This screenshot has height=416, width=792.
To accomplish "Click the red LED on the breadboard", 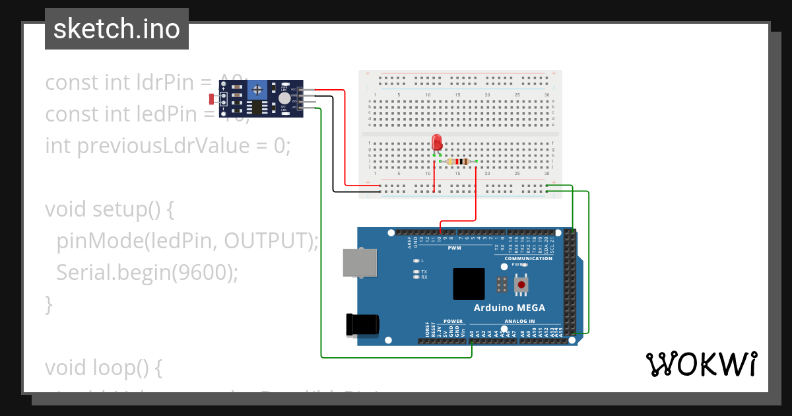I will (436, 143).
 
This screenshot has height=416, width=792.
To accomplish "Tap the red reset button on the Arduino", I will (522, 285).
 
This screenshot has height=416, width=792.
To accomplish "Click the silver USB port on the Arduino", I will (360, 262).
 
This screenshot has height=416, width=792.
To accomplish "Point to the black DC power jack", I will (362, 324).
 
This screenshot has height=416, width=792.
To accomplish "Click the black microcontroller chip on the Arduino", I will (469, 284).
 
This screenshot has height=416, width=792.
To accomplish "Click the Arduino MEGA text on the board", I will (509, 308).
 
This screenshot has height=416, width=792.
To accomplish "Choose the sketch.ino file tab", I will (117, 29).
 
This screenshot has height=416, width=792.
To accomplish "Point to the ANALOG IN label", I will (519, 321).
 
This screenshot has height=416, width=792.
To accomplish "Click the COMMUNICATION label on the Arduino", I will (528, 258).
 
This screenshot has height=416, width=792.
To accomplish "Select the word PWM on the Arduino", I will (455, 248).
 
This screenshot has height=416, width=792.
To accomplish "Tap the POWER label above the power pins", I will (453, 321).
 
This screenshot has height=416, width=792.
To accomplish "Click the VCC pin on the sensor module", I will (301, 89).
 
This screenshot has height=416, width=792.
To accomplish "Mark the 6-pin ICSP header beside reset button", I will (502, 285).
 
